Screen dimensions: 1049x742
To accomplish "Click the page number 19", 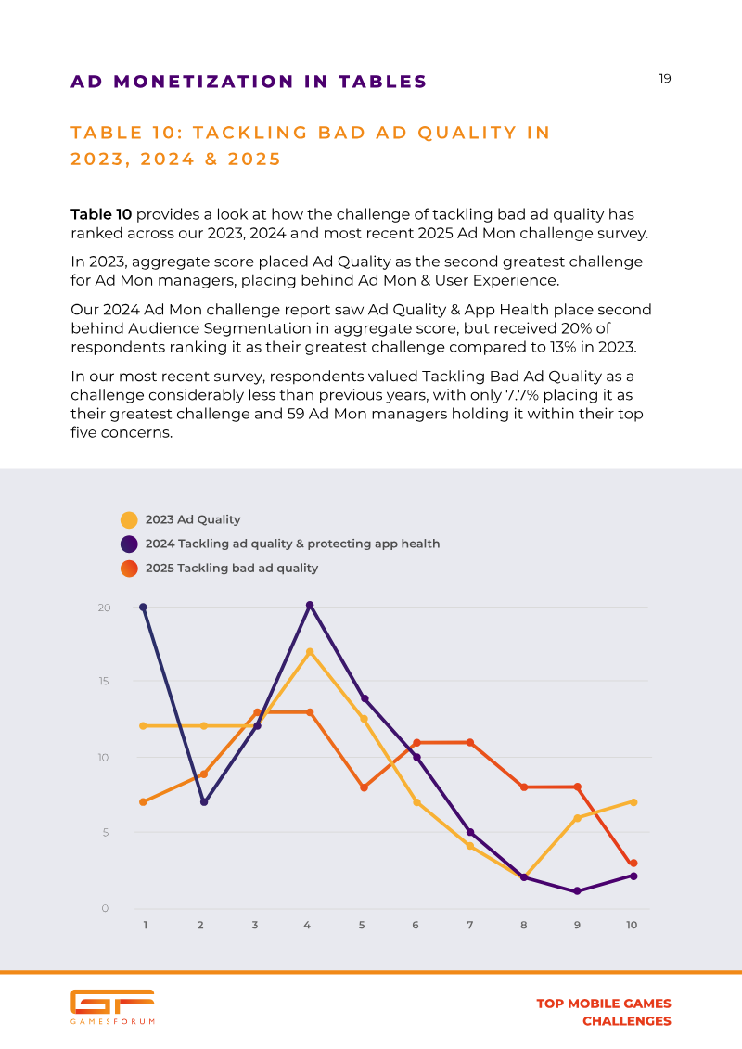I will (x=665, y=79).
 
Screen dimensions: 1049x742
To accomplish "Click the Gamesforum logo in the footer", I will (x=112, y=1006).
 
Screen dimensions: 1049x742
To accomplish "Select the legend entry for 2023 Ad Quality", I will (x=193, y=519).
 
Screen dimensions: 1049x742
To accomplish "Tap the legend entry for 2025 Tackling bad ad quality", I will (x=231, y=568).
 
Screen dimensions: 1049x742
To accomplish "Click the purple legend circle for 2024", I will (x=129, y=544).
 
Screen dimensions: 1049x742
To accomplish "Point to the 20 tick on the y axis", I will (x=105, y=608).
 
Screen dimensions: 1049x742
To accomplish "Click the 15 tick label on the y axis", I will (x=105, y=682).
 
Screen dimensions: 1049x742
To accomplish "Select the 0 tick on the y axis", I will (x=106, y=908).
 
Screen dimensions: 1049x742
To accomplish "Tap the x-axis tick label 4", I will (x=307, y=925).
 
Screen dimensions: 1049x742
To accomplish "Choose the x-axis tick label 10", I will (x=632, y=925).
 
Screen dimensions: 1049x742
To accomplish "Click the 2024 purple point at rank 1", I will (x=143, y=608).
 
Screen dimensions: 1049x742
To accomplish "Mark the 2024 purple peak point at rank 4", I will (x=310, y=605).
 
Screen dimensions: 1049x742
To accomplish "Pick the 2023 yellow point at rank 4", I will (x=310, y=652).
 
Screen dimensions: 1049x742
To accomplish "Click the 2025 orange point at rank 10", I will (x=633, y=864).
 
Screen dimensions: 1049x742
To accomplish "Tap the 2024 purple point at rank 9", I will (x=577, y=891).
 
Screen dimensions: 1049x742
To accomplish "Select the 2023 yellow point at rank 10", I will (x=633, y=801).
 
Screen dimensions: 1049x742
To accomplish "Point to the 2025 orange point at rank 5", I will (x=365, y=787).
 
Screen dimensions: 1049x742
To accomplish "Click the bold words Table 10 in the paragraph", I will (x=102, y=214).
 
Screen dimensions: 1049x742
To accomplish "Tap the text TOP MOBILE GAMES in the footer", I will (x=603, y=1004).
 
